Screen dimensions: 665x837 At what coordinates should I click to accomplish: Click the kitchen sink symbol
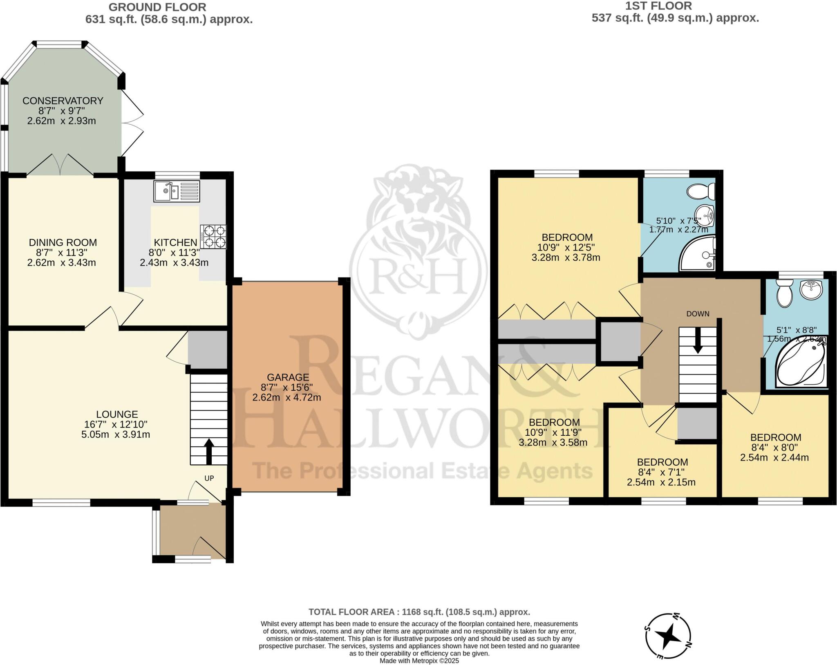point(177,191)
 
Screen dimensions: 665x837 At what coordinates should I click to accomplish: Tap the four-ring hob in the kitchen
point(213,237)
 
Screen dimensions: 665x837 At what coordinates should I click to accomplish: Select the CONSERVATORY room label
point(63,101)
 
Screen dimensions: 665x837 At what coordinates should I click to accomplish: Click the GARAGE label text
point(288,377)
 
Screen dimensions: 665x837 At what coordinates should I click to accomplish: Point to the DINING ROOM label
point(63,242)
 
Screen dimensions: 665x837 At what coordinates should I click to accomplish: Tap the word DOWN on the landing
point(698,314)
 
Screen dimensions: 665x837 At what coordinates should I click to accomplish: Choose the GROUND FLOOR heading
point(157,7)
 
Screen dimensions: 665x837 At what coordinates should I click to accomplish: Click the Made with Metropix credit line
point(419,661)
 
